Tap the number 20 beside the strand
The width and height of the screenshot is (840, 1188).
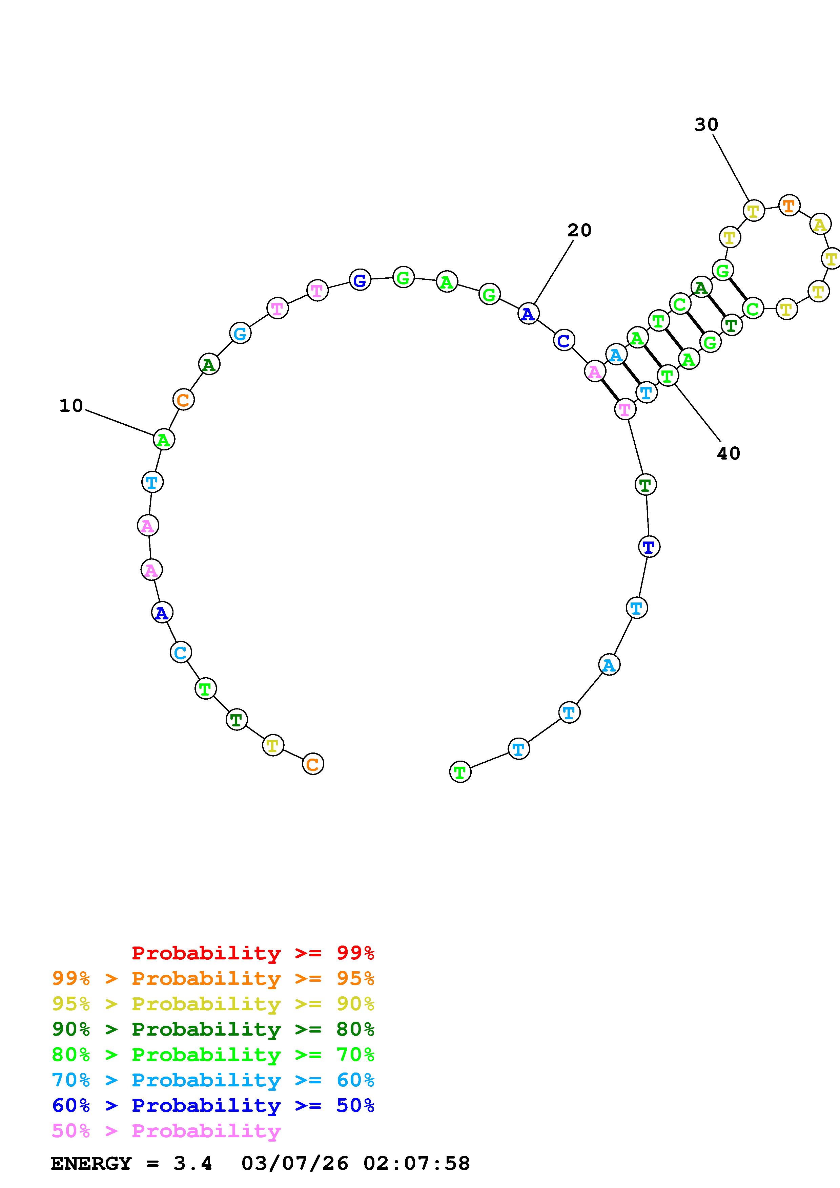click(x=579, y=230)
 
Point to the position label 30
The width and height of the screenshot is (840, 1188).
click(x=706, y=125)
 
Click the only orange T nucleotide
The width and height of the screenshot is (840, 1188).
click(x=789, y=206)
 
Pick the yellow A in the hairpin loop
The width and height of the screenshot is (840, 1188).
click(x=820, y=225)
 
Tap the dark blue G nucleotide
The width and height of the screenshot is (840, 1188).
click(x=360, y=280)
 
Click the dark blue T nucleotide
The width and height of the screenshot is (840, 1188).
click(x=649, y=546)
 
